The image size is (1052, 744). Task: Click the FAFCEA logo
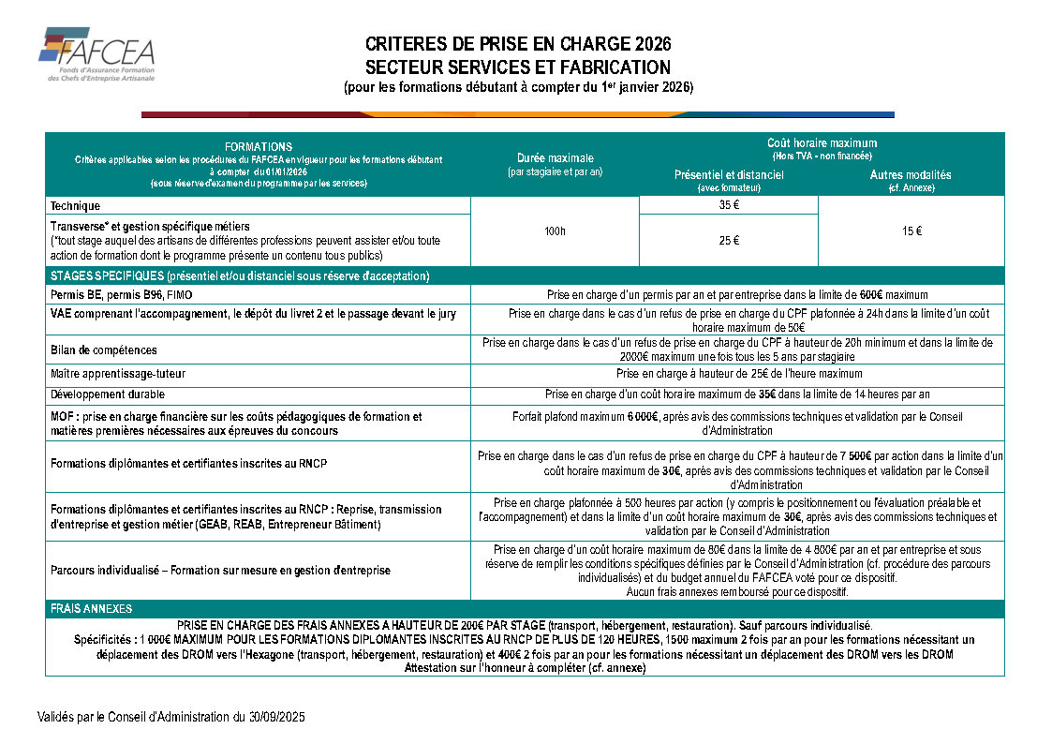[96, 54]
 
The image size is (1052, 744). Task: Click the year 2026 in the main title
[653, 44]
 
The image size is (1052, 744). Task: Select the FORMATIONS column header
[259, 147]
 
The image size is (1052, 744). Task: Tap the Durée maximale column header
[555, 157]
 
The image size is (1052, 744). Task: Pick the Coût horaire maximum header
[822, 142]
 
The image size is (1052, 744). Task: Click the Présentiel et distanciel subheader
[729, 175]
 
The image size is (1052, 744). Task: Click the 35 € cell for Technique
[729, 205]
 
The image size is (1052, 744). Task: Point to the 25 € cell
[729, 241]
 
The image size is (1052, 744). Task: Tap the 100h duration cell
[555, 231]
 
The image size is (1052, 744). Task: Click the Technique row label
[75, 205]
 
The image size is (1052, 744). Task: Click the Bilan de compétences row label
[104, 350]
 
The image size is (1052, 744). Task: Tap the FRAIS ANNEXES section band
[92, 608]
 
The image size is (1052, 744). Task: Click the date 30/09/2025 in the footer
[271, 717]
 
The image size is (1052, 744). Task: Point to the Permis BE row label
[121, 295]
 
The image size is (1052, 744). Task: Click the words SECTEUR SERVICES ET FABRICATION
[518, 67]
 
